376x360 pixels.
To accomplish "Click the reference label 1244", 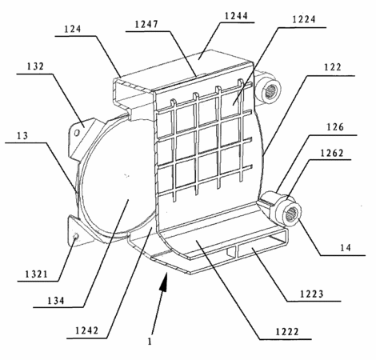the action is pyautogui.click(x=236, y=16).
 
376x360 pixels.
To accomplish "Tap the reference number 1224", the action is pyautogui.click(x=304, y=19).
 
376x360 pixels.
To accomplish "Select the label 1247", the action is pyautogui.click(x=146, y=24).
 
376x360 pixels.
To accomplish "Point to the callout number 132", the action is pyautogui.click(x=35, y=66).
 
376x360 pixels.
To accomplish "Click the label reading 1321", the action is pyautogui.click(x=36, y=274).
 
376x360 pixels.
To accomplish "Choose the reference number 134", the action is pyautogui.click(x=56, y=301).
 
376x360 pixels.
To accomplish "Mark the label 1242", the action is pyautogui.click(x=87, y=330).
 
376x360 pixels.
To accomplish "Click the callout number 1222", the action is pyautogui.click(x=287, y=332).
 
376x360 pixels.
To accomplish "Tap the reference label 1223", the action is pyautogui.click(x=312, y=294).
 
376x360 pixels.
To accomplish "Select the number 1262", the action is pyautogui.click(x=332, y=153).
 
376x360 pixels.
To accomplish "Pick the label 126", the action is pyautogui.click(x=335, y=127).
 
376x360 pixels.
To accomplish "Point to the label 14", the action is pyautogui.click(x=346, y=248).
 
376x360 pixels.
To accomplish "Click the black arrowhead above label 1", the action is pyautogui.click(x=163, y=282).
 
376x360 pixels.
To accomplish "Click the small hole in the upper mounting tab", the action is pyautogui.click(x=78, y=132).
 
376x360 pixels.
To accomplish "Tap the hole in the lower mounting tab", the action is pyautogui.click(x=76, y=236).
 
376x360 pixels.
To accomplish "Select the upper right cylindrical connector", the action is pyautogui.click(x=268, y=90).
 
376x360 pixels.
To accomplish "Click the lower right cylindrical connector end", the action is pyautogui.click(x=290, y=212).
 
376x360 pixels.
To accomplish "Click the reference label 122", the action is pyautogui.click(x=333, y=67).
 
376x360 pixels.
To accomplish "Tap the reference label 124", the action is pyautogui.click(x=73, y=29).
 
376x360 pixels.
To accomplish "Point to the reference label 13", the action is pyautogui.click(x=22, y=136).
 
